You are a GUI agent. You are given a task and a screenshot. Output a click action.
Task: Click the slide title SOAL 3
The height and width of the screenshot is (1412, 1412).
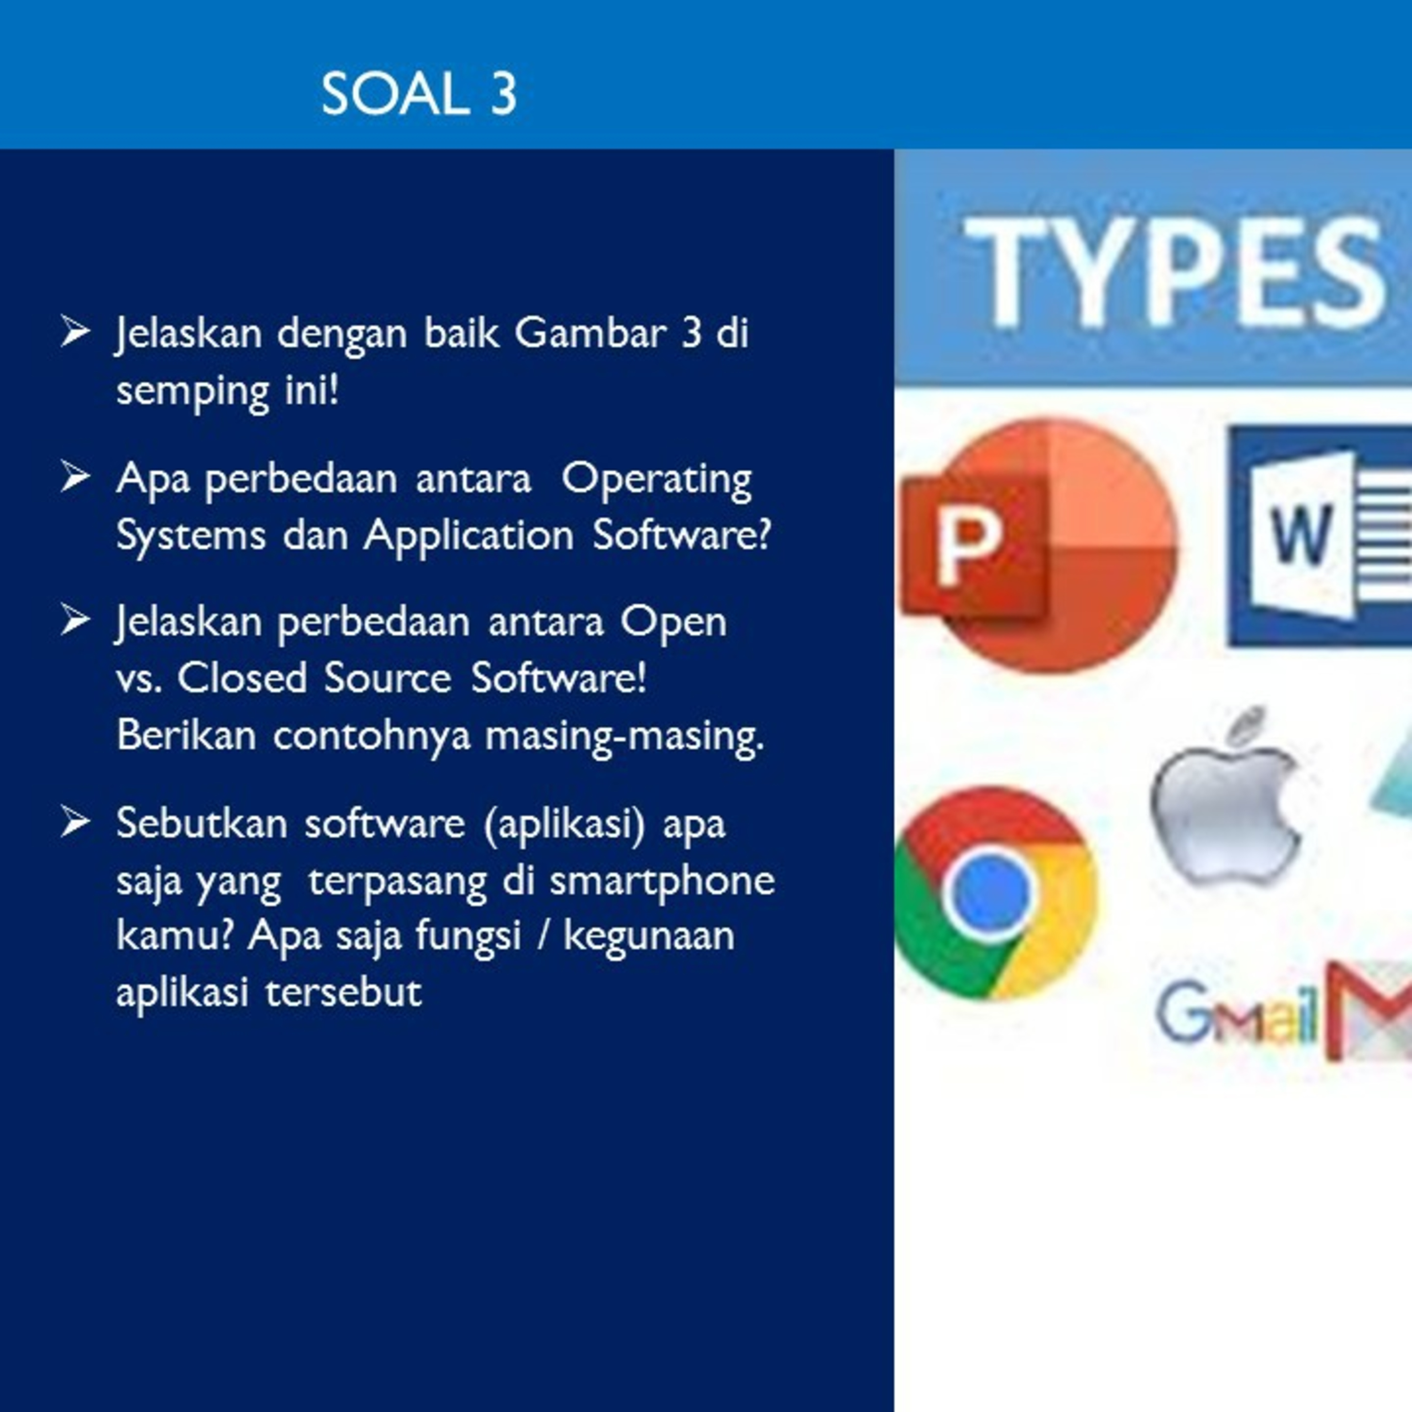tap(419, 94)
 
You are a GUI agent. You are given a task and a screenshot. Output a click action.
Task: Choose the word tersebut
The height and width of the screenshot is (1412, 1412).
tap(344, 992)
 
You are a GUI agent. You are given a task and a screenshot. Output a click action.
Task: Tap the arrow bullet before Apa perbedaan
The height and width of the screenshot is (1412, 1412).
tap(75, 476)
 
